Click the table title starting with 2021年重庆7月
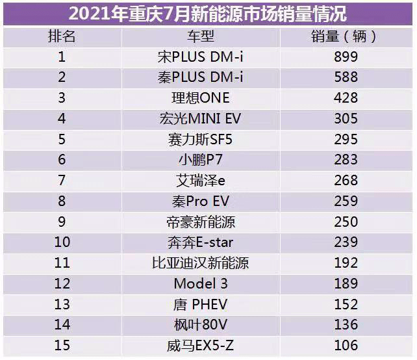pyautogui.click(x=207, y=13)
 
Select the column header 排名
pyautogui.click(x=62, y=36)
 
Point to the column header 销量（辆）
pyautogui.click(x=344, y=36)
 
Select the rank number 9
pyautogui.click(x=62, y=222)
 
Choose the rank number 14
pyautogui.click(x=62, y=325)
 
